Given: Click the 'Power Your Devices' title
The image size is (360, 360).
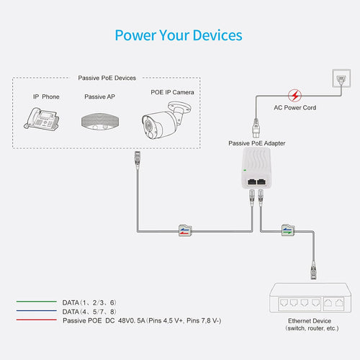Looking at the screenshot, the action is pos(179,35).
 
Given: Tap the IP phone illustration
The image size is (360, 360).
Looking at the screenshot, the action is pos(42,119).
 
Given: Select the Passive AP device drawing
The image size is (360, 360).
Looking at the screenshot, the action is pos(100,122).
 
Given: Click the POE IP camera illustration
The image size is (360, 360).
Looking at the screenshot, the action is pos(166,120).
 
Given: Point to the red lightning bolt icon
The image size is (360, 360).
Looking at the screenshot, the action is pos(294,95).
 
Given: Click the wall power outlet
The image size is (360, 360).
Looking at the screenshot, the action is pos(341,78).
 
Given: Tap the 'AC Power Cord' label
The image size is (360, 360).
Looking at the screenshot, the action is pos(295,108).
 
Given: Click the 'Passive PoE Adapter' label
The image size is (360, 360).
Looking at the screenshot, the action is pos(257,143).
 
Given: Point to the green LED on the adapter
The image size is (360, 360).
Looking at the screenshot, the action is pos(245,171).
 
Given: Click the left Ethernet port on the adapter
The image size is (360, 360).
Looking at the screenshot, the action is pos(251,181).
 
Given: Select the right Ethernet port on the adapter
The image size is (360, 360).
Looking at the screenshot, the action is pos(261,181).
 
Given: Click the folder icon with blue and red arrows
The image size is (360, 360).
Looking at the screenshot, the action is pos(185,230).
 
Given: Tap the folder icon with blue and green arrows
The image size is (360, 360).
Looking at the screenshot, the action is pos(288,230).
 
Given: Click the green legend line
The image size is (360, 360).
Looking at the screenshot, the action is pos(37,302).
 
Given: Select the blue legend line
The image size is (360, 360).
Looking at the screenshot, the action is pos(37,310).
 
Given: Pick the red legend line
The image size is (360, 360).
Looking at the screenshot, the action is pos(37,320).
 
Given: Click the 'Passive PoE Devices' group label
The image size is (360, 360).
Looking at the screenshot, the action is pos(107,78).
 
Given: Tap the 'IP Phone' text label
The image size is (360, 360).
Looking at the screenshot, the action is pos(46,96).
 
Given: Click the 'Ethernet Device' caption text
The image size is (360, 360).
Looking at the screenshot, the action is pos(310,321).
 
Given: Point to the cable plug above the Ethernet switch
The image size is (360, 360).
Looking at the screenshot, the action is pos(313,271).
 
